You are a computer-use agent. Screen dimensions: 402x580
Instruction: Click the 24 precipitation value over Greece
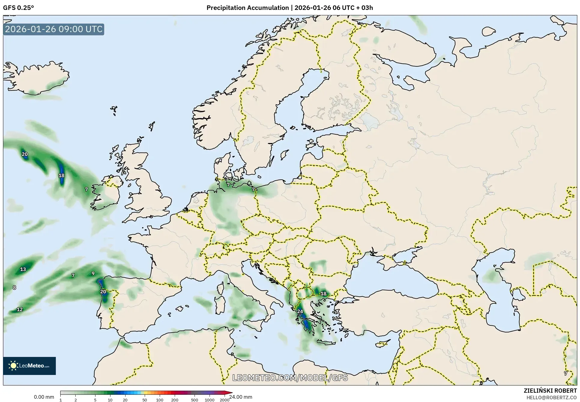click(300, 311)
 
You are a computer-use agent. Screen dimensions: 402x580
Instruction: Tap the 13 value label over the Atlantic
click(23, 269)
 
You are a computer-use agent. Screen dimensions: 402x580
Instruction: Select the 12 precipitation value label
click(20, 309)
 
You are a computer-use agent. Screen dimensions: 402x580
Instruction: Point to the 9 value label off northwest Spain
click(93, 273)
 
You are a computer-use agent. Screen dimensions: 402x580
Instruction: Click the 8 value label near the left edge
click(14, 288)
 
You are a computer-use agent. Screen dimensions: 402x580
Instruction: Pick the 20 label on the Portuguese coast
click(103, 291)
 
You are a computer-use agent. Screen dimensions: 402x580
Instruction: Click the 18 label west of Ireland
click(61, 175)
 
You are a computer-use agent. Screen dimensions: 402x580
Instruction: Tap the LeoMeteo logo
click(29, 366)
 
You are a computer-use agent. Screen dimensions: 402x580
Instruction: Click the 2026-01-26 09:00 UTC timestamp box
click(54, 29)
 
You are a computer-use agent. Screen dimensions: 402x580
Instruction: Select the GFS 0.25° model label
click(18, 8)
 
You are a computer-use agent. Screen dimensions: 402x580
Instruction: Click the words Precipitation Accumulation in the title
click(247, 8)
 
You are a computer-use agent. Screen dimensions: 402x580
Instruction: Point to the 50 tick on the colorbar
click(145, 400)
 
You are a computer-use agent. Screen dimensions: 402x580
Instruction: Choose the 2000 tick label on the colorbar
click(224, 400)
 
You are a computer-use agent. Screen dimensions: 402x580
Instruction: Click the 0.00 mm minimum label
click(44, 397)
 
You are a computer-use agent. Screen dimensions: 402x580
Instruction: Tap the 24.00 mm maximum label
click(240, 397)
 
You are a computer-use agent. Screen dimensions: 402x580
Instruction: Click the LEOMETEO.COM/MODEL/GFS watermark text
click(290, 377)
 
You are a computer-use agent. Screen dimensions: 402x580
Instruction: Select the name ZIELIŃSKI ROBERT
click(550, 391)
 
